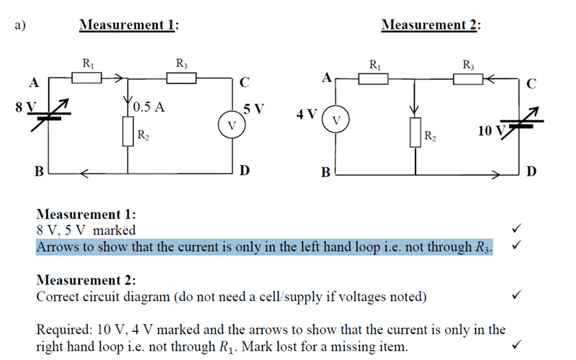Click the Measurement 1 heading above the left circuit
click(129, 25)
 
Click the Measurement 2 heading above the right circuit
click(431, 25)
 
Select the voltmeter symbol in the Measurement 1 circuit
click(230, 125)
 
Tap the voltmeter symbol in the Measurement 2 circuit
click(336, 119)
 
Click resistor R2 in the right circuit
click(415, 133)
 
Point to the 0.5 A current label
click(150, 107)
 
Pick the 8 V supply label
click(24, 108)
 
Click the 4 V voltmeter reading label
click(306, 114)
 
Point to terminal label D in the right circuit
click(531, 171)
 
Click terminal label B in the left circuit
click(39, 171)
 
